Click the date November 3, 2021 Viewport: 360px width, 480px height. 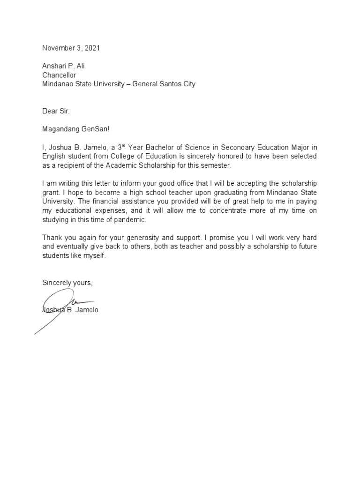71,48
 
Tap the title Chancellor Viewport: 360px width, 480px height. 59,75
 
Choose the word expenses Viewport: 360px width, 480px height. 106,211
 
